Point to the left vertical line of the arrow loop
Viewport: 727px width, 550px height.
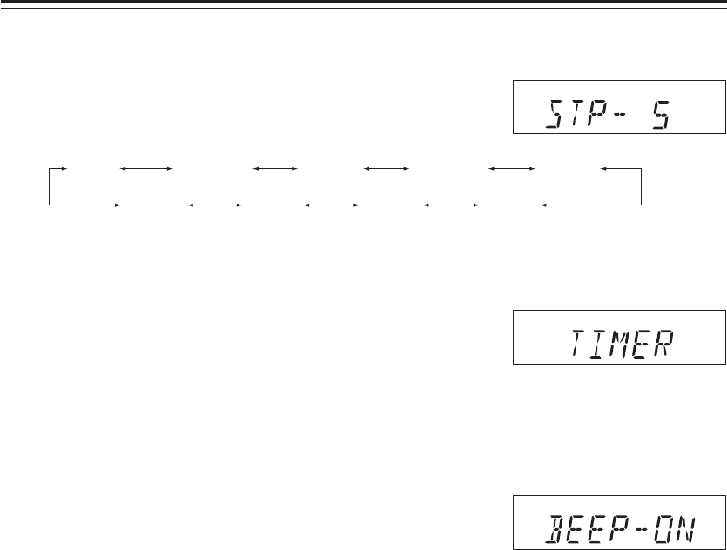tap(50, 185)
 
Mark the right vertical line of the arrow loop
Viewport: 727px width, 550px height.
tap(641, 185)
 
